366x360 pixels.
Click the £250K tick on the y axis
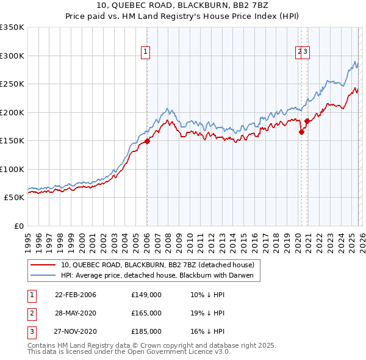[x=12, y=84]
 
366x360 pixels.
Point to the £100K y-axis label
[x=12, y=169]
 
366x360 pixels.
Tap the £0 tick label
[x=18, y=226]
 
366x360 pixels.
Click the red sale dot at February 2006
[x=147, y=142]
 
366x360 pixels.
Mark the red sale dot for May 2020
[x=301, y=132]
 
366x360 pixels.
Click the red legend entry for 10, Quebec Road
[x=160, y=265]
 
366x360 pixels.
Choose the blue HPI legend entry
[x=160, y=276]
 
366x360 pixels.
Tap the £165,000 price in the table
[x=146, y=313]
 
